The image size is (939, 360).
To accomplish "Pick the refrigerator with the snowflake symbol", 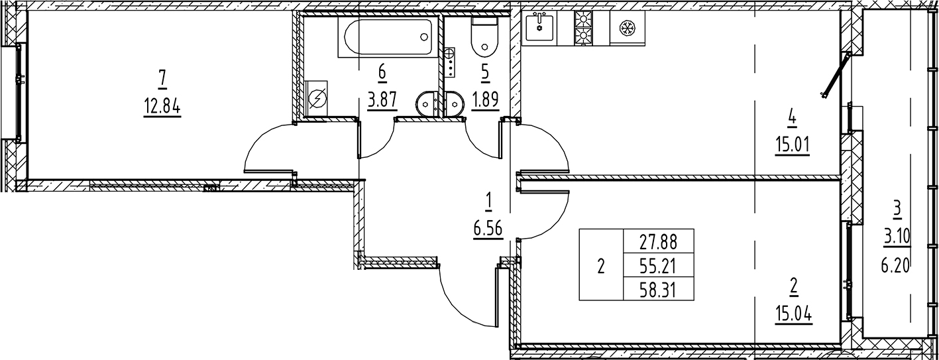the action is (x=628, y=27).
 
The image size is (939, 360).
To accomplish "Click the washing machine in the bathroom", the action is (x=317, y=99).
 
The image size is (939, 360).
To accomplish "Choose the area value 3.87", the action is (x=382, y=101).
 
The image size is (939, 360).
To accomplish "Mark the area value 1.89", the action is (x=485, y=101).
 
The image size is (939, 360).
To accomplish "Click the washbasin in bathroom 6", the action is (x=427, y=103).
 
